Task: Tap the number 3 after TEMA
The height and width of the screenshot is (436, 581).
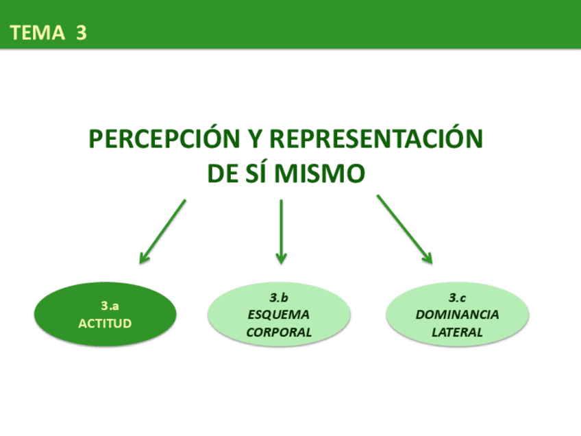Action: [82, 32]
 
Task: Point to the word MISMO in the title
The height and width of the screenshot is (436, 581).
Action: [319, 173]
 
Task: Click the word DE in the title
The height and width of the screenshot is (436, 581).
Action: [222, 173]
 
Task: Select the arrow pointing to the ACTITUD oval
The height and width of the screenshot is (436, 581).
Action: [162, 231]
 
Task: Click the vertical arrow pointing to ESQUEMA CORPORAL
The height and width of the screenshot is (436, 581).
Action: [281, 231]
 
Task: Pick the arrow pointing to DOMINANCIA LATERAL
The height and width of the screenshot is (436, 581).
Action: [404, 229]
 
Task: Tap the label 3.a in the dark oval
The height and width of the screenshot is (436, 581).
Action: [110, 306]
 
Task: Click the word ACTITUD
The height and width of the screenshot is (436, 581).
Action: [105, 323]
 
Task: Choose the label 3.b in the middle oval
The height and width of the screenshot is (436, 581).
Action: [279, 298]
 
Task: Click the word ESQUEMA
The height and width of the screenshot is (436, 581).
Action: [279, 315]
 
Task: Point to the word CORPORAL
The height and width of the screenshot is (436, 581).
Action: [279, 332]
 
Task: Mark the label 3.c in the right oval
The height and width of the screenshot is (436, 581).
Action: [457, 298]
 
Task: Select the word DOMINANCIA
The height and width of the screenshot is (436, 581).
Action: [457, 315]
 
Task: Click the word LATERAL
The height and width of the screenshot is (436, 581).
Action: [457, 332]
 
